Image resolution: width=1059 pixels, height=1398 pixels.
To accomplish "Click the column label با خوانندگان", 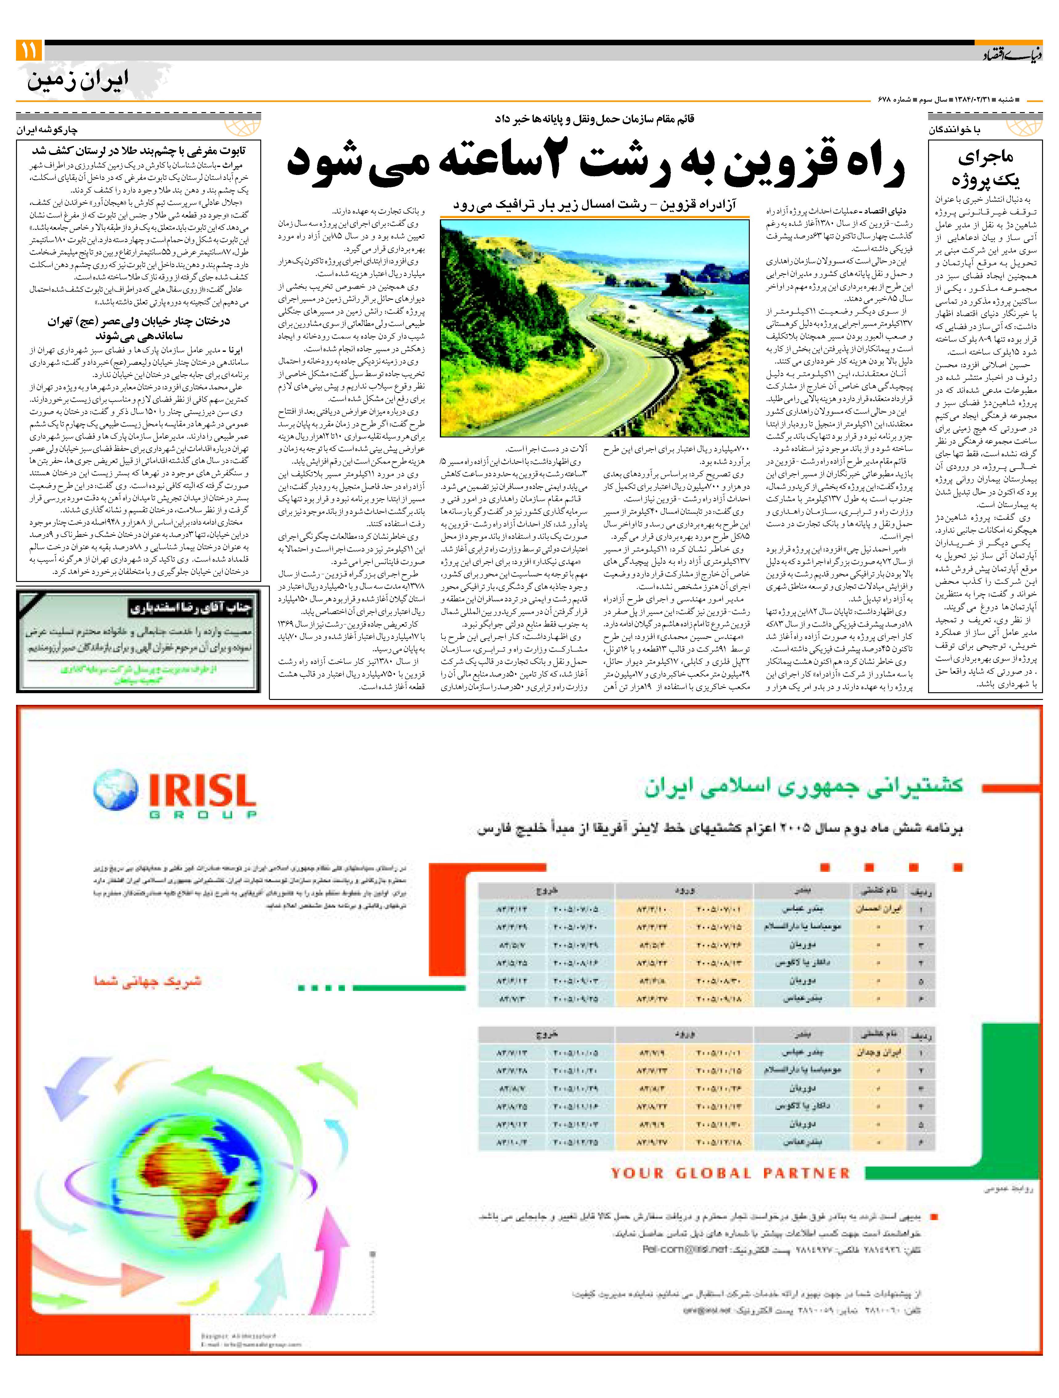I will pos(954,130).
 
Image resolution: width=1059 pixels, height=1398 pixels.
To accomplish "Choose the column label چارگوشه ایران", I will pos(47,130).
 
